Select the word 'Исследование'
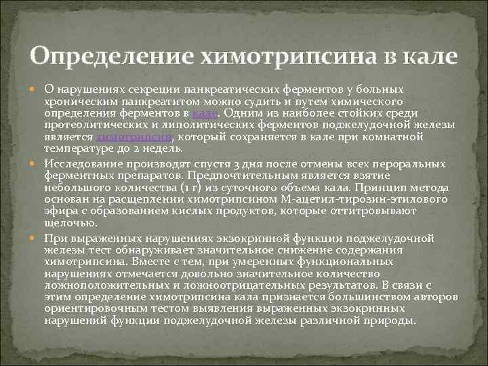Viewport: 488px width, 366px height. coord(84,164)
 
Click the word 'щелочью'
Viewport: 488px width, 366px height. coord(67,223)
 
